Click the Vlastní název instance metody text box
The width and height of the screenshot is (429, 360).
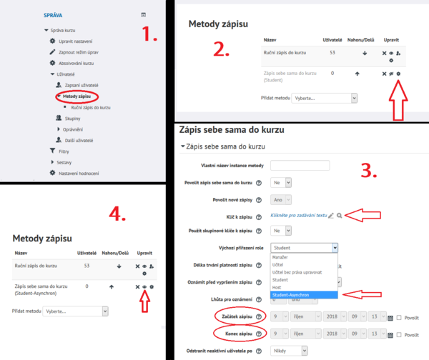click(x=300, y=165)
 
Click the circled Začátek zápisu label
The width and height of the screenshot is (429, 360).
click(x=236, y=316)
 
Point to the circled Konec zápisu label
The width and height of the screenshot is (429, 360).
click(x=236, y=333)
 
